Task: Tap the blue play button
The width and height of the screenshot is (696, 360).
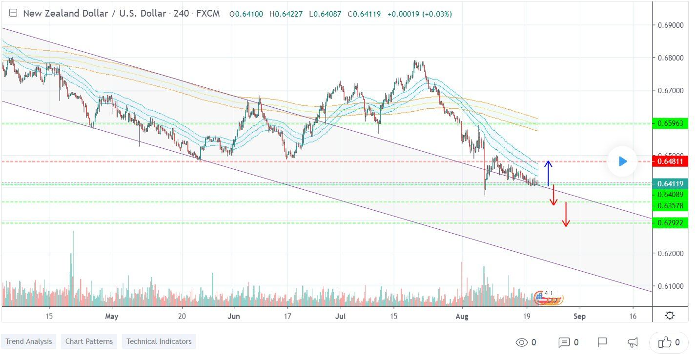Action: (x=622, y=161)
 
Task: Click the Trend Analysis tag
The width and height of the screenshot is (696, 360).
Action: (x=29, y=341)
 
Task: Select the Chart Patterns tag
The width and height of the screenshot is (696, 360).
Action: (x=89, y=341)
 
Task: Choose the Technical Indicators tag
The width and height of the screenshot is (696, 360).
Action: (x=159, y=341)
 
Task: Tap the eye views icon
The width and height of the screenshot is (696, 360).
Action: (x=521, y=342)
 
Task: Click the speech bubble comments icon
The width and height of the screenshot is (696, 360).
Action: (x=564, y=342)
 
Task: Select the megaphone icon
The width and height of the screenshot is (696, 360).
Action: (x=633, y=342)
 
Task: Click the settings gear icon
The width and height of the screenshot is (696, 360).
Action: (x=670, y=316)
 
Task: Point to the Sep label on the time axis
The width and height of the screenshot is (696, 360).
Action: (x=579, y=316)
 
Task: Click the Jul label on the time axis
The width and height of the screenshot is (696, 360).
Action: (x=341, y=316)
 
